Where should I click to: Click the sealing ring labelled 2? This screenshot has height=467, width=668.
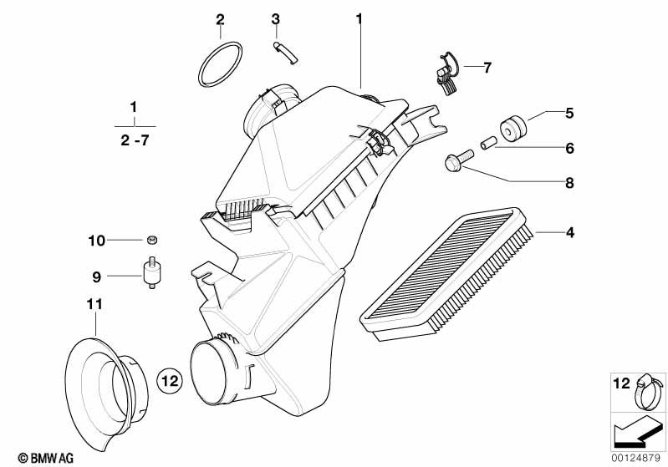pyautogui.click(x=220, y=63)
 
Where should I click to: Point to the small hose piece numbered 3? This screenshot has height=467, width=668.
pyautogui.click(x=284, y=53)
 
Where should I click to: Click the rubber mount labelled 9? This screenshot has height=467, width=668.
pyautogui.click(x=152, y=274)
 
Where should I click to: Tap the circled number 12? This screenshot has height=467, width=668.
pyautogui.click(x=169, y=381)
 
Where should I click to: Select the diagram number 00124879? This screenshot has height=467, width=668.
pyautogui.click(x=638, y=458)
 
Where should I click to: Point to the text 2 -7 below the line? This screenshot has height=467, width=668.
pyautogui.click(x=132, y=142)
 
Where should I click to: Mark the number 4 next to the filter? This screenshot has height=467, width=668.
pyautogui.click(x=569, y=232)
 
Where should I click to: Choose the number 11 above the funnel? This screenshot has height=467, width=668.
pyautogui.click(x=94, y=306)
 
